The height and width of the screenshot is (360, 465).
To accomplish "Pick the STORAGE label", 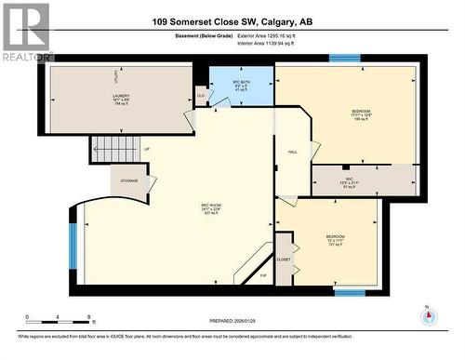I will [129, 180].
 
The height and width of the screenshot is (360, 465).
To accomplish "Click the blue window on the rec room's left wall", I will [73, 245].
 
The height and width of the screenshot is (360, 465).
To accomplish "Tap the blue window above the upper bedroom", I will [345, 58].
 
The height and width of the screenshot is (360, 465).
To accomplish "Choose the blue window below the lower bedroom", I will [349, 293].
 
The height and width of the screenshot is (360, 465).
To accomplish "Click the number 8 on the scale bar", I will [87, 316].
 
